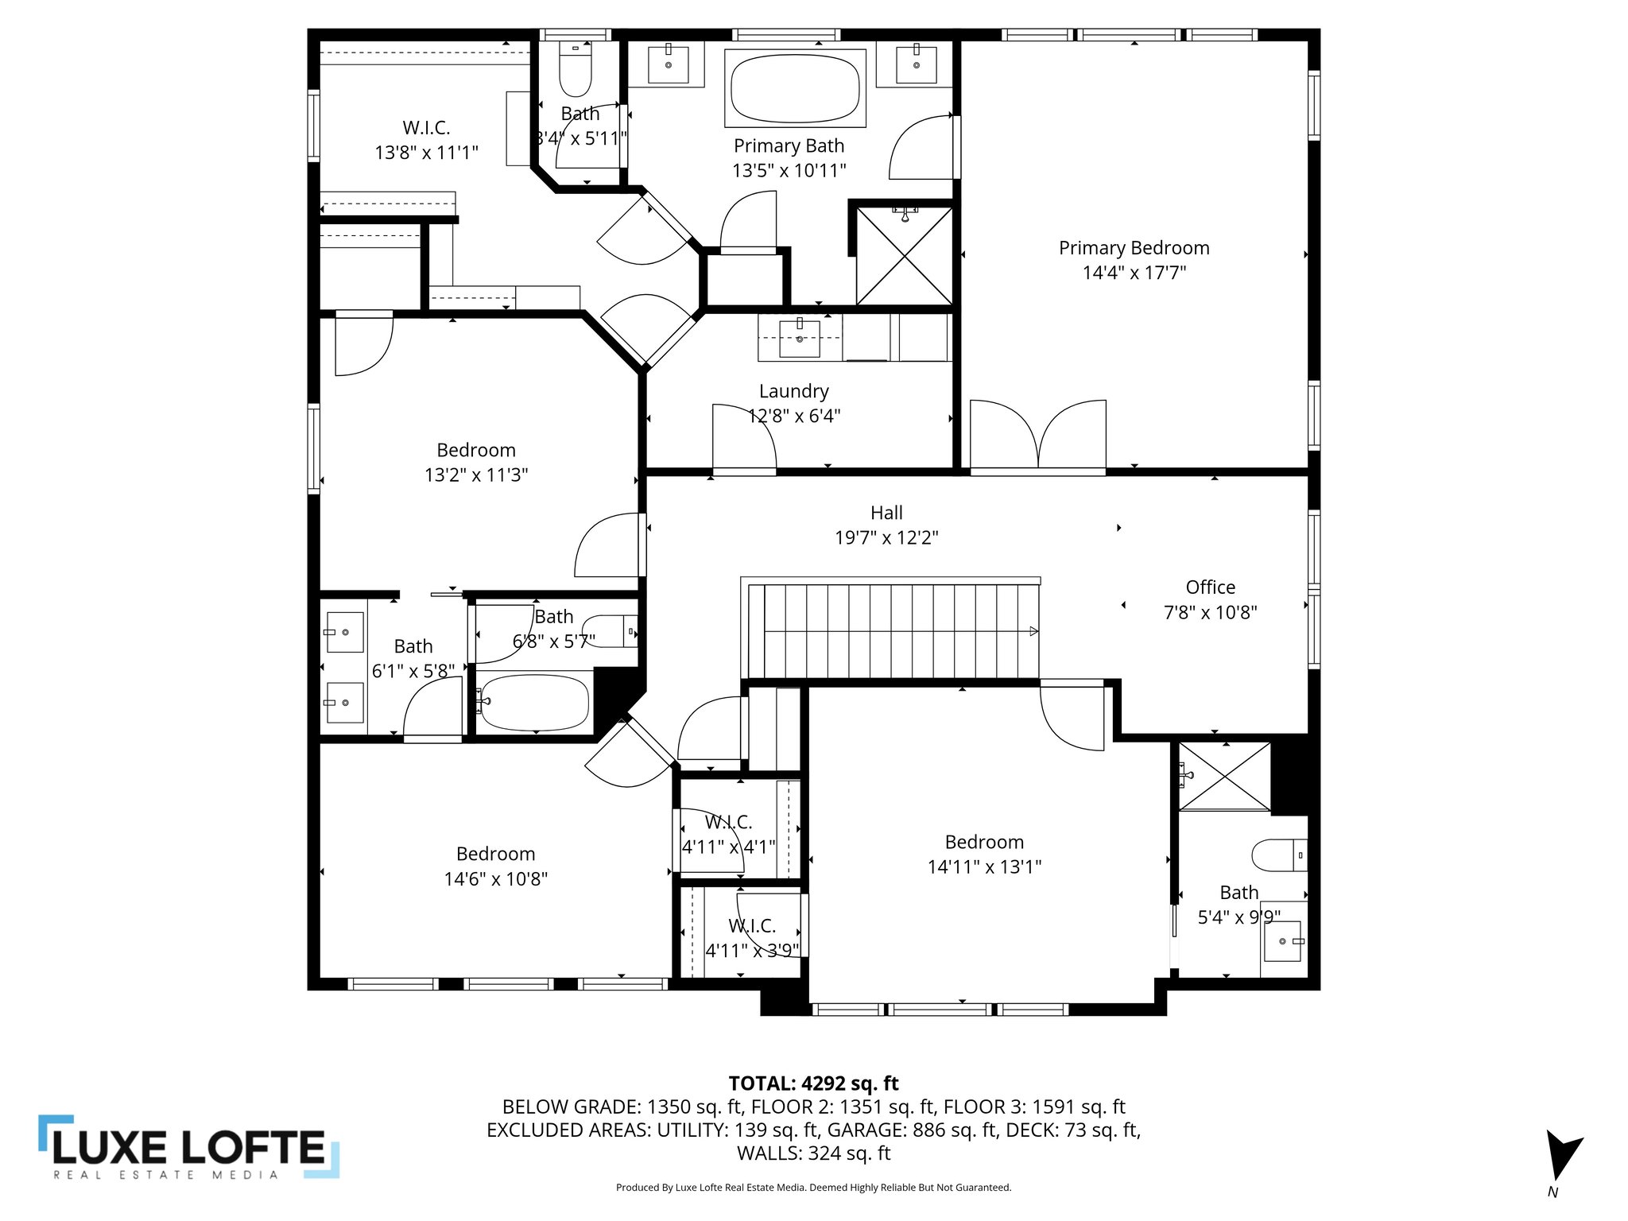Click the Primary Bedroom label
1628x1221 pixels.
pos(1134,248)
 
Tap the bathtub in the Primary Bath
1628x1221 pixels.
pos(795,87)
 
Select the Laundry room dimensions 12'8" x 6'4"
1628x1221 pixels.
pos(794,416)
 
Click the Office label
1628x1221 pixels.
pos(1210,587)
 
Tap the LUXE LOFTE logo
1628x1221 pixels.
pos(189,1147)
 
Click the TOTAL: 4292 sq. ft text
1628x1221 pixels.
pos(813,1083)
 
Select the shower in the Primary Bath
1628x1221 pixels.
pos(904,256)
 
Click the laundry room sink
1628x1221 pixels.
pos(799,339)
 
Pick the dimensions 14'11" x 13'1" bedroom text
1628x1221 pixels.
pos(984,866)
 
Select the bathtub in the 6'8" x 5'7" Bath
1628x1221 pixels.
pos(534,703)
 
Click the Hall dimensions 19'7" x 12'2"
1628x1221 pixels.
pos(886,538)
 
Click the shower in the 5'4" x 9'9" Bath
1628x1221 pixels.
pos(1224,776)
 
